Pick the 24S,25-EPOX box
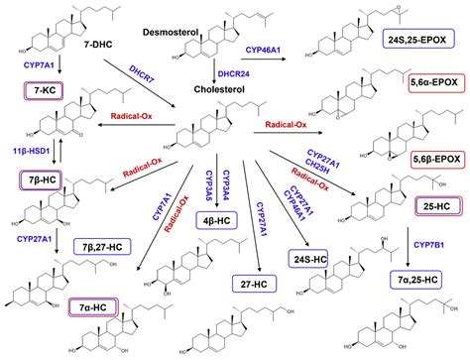[x=416, y=39]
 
